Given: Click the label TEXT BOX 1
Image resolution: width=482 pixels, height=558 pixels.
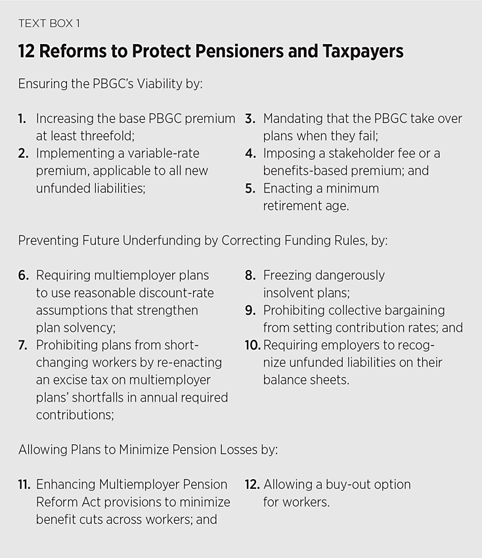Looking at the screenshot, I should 49,24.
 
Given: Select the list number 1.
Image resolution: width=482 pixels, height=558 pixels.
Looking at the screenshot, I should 22,119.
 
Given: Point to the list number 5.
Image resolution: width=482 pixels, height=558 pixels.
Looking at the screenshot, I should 250,188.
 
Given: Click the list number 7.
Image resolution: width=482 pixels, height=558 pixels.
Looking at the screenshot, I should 23,345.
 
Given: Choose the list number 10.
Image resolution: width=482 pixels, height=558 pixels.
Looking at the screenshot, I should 253,345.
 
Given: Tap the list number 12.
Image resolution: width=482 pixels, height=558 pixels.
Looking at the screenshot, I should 252,484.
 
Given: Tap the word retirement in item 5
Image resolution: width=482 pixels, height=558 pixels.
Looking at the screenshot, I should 294,205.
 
